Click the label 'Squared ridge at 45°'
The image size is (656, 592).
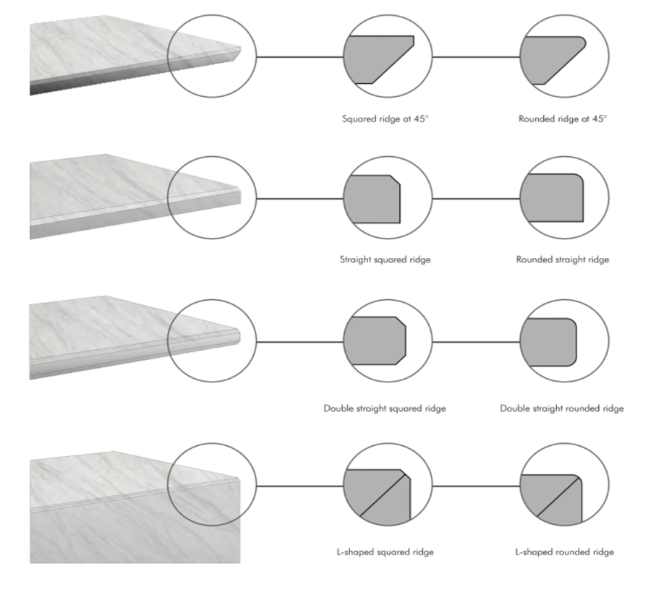pyautogui.click(x=385, y=118)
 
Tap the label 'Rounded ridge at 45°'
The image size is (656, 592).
pyautogui.click(x=563, y=118)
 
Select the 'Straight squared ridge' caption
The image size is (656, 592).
pyautogui.click(x=385, y=259)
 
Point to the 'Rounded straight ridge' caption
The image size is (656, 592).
pyautogui.click(x=563, y=259)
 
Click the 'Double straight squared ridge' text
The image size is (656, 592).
pyautogui.click(x=385, y=408)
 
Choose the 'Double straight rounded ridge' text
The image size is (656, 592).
pyautogui.click(x=562, y=408)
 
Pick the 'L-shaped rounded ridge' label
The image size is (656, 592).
pyautogui.click(x=564, y=552)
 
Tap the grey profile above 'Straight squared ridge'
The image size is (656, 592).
pyautogui.click(x=370, y=198)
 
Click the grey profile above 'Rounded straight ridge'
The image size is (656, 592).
pyautogui.click(x=550, y=198)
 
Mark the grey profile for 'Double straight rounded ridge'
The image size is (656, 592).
pyautogui.click(x=548, y=340)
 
